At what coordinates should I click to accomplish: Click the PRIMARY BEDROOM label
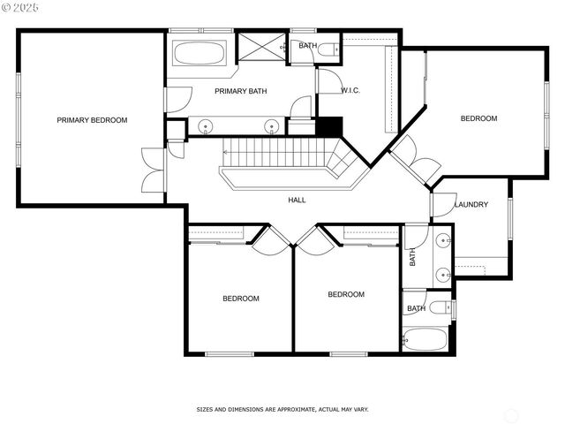pyautogui.click(x=92, y=120)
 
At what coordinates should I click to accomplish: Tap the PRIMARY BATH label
pyautogui.click(x=240, y=91)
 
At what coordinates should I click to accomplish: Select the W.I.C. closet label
pyautogui.click(x=350, y=91)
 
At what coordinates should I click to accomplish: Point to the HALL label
pyautogui.click(x=298, y=200)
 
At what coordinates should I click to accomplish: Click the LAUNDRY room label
pyautogui.click(x=471, y=205)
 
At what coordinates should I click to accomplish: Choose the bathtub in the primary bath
pyautogui.click(x=200, y=53)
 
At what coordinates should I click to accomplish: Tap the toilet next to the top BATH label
pyautogui.click(x=328, y=49)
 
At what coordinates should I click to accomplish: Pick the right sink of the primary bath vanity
pyautogui.click(x=271, y=125)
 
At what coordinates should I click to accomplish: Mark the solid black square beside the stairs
pyautogui.click(x=329, y=126)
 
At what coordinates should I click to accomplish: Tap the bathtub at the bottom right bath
pyautogui.click(x=426, y=338)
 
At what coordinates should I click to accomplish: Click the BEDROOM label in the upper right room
pyautogui.click(x=478, y=118)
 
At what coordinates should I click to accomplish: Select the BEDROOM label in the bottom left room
pyautogui.click(x=240, y=299)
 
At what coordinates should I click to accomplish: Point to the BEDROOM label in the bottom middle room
pyautogui.click(x=346, y=295)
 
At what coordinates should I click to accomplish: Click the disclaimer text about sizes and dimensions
pyautogui.click(x=282, y=410)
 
